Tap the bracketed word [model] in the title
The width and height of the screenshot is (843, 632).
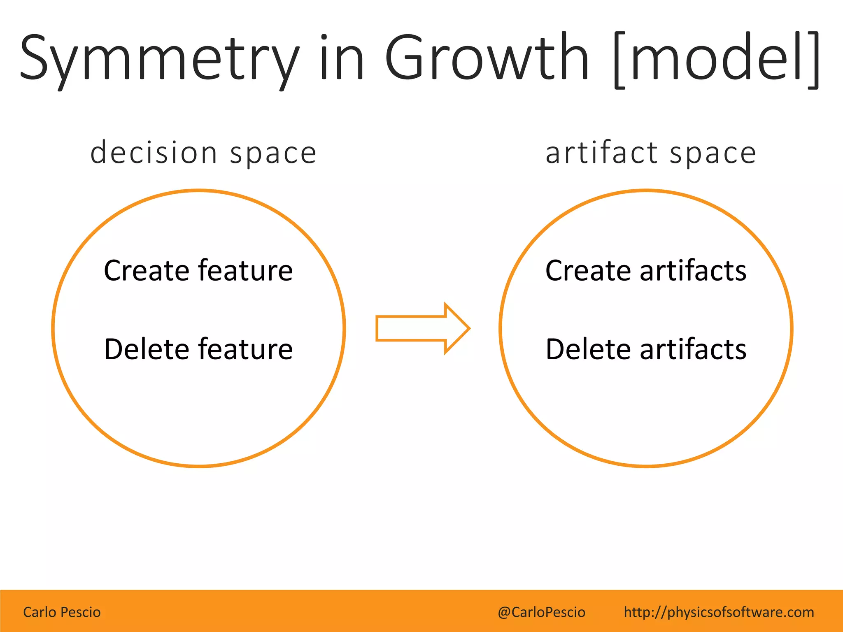coord(716,60)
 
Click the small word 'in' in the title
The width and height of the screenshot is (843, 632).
coord(341,58)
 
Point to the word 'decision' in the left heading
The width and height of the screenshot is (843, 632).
coord(153,153)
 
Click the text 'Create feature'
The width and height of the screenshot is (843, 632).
coord(198,270)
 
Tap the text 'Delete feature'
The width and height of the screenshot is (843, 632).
coord(198,349)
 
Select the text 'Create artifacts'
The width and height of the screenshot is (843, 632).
coord(645,270)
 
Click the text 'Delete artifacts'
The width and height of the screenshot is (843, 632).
coord(645,349)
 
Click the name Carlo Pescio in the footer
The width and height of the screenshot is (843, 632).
coord(62,612)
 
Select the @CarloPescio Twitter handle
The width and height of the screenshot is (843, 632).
coord(541,612)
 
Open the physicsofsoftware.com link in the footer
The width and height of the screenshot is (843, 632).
coord(719,612)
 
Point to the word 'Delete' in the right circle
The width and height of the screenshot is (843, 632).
coord(587,349)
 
